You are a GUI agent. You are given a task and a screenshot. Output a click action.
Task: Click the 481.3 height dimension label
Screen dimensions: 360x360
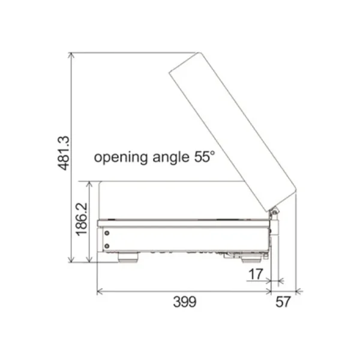tap(64, 153)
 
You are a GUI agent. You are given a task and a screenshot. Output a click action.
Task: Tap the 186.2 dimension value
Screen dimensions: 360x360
tap(82, 219)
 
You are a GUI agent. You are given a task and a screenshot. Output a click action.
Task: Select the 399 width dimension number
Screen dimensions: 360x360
tap(185, 302)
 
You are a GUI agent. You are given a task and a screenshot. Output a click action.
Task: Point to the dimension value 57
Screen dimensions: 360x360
tap(283, 302)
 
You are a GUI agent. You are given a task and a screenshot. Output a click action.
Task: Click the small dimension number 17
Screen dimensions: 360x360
tap(256, 274)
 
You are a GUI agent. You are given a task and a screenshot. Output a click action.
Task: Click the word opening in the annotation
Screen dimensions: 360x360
tap(121, 157)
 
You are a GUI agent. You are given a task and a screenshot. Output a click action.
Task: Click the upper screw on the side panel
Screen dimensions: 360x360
tap(107, 233)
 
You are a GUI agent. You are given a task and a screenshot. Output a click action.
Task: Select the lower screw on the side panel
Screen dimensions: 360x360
tap(107, 246)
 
